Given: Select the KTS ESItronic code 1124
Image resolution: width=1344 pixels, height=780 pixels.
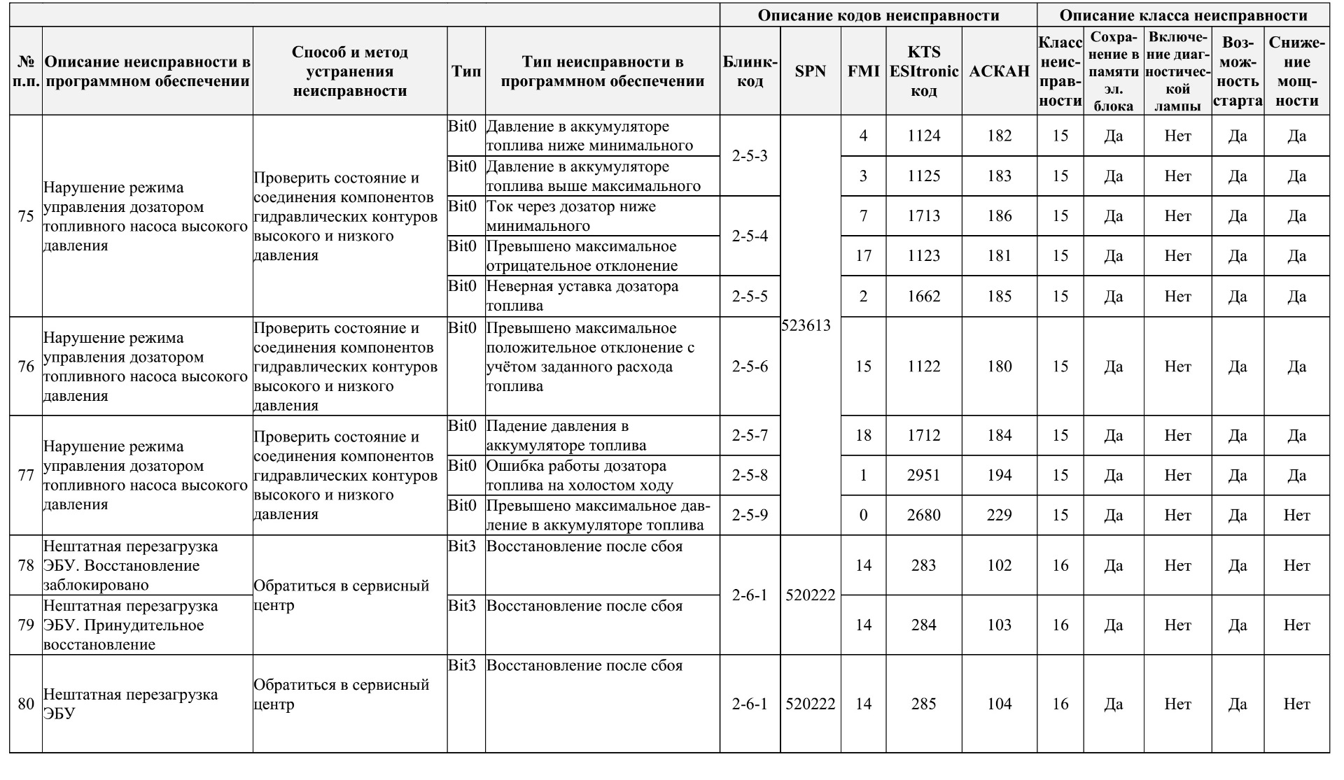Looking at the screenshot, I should pos(923,136).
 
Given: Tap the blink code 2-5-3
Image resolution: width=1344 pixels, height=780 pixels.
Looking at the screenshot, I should pos(750,155).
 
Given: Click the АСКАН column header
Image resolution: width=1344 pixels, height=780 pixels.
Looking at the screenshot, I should pos(999,71).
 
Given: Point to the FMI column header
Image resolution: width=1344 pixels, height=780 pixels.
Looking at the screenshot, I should pos(863,71).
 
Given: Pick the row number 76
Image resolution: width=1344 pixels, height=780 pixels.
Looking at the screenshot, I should pos(26,367).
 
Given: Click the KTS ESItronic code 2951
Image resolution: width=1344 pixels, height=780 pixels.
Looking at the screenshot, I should pos(923,475).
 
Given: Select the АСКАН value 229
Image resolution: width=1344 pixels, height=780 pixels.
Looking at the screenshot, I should pos(999,515).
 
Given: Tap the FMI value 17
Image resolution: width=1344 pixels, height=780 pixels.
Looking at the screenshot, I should pos(863,255).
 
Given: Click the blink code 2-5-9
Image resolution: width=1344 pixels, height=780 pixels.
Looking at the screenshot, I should pos(750,515).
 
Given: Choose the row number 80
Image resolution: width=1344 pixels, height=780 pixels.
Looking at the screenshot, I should pos(26,704).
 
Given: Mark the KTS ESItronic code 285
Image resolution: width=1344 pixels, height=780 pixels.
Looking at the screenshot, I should pos(923,704).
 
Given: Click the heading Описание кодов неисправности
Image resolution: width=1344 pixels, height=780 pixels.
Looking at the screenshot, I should pos(878,15).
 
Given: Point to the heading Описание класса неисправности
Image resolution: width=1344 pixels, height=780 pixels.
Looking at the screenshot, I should pos(1183,15).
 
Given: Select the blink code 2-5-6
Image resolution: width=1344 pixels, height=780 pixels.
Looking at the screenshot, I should pos(750,367).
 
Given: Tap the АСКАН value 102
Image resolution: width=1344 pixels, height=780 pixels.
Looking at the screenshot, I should pos(999,565).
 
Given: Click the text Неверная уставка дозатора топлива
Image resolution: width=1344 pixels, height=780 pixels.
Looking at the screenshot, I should pos(582,296).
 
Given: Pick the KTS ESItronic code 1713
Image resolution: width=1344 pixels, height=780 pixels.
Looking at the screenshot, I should pos(923,215).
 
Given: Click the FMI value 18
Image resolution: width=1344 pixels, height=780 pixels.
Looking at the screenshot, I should pos(863,435).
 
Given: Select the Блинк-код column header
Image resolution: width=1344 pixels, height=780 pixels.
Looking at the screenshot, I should pos(750,71).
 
